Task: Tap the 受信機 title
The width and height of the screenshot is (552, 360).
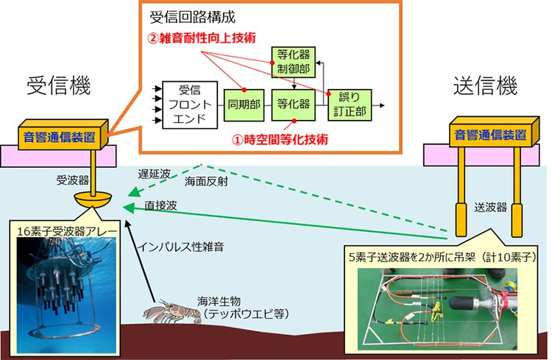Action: pyautogui.click(x=58, y=86)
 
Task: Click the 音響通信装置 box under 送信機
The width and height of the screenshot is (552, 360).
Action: pyautogui.click(x=490, y=135)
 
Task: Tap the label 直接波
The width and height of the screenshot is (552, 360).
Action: pyautogui.click(x=160, y=204)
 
